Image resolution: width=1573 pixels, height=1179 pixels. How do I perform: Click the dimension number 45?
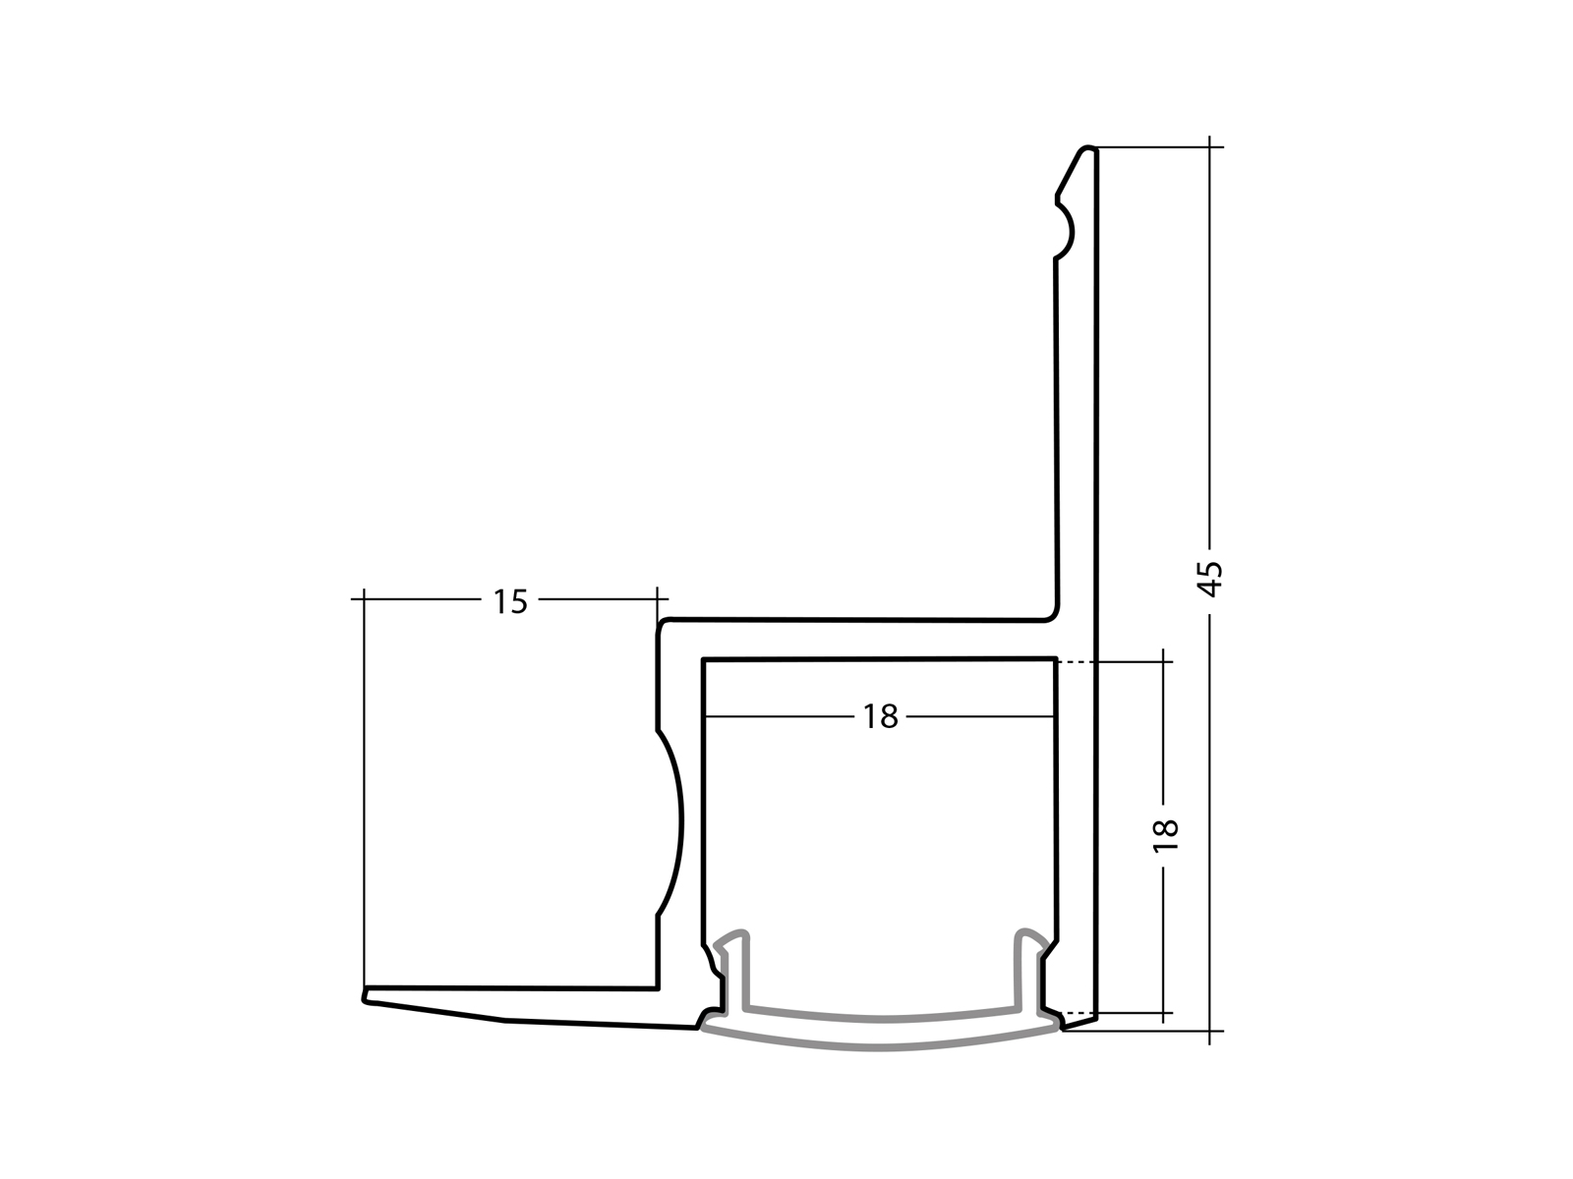coord(1211,579)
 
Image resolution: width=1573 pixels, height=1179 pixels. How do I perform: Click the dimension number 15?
coord(510,600)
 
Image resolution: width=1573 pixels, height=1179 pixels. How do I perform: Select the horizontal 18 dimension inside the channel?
coord(881,717)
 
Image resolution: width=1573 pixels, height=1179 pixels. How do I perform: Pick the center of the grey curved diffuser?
coord(882,1032)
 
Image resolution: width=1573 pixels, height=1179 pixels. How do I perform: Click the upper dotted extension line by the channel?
coord(1076,663)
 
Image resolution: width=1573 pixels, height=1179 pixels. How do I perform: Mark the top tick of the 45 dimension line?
coord(1210,147)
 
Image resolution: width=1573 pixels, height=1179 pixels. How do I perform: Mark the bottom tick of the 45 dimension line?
coord(1210,1031)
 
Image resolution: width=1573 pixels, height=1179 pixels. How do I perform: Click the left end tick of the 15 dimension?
coord(364,597)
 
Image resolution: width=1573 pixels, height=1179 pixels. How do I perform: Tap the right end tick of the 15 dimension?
coord(657,597)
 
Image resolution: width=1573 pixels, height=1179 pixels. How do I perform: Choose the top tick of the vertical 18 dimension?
coord(1164,663)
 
